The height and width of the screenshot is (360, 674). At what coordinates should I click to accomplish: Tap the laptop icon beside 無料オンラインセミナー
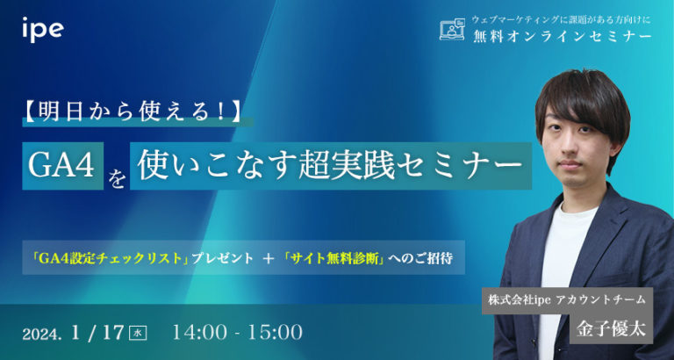(x=451, y=29)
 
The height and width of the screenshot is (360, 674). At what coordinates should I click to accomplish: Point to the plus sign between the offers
(x=256, y=259)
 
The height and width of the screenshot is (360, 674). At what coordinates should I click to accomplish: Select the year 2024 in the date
(x=43, y=335)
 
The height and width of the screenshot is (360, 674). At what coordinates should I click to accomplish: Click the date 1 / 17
(x=99, y=333)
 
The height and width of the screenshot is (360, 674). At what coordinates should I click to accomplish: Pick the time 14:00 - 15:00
(x=239, y=333)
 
